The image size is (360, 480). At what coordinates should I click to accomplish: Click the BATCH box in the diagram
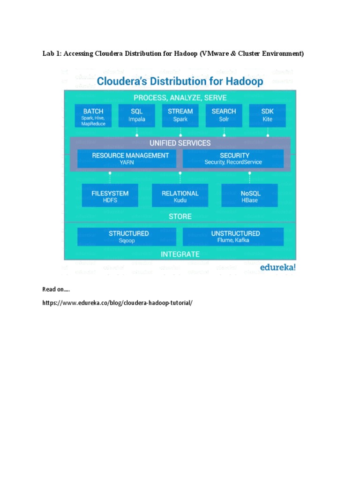(x=93, y=116)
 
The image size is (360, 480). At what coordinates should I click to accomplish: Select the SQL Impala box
(x=137, y=116)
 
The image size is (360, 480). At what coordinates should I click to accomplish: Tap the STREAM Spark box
(x=180, y=116)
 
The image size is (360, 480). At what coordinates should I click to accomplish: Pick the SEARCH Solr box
(x=224, y=116)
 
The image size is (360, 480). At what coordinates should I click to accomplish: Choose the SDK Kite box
(x=267, y=116)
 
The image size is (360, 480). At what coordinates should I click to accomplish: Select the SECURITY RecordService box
(x=233, y=158)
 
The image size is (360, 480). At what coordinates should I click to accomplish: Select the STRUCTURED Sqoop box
(x=127, y=237)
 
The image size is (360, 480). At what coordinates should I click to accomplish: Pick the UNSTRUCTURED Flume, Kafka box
(x=233, y=237)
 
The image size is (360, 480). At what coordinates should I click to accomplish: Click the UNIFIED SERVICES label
(x=180, y=143)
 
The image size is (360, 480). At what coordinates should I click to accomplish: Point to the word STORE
(x=180, y=217)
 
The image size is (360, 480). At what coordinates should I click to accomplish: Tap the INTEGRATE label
(x=180, y=255)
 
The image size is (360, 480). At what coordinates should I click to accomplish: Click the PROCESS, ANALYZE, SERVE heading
(x=180, y=98)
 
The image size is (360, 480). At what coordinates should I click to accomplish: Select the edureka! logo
(x=278, y=268)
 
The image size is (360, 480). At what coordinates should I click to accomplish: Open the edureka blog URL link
(x=117, y=303)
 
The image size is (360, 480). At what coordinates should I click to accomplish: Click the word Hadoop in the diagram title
(x=242, y=82)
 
